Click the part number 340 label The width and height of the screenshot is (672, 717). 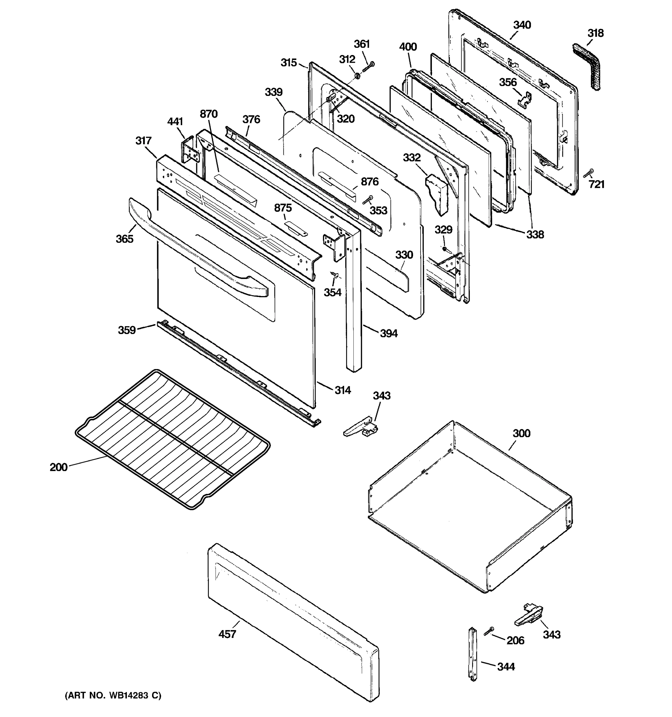[522, 25]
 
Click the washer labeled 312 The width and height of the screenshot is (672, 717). [357, 76]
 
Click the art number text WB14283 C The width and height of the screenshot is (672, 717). [113, 695]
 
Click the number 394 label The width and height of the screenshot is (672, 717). [389, 333]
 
